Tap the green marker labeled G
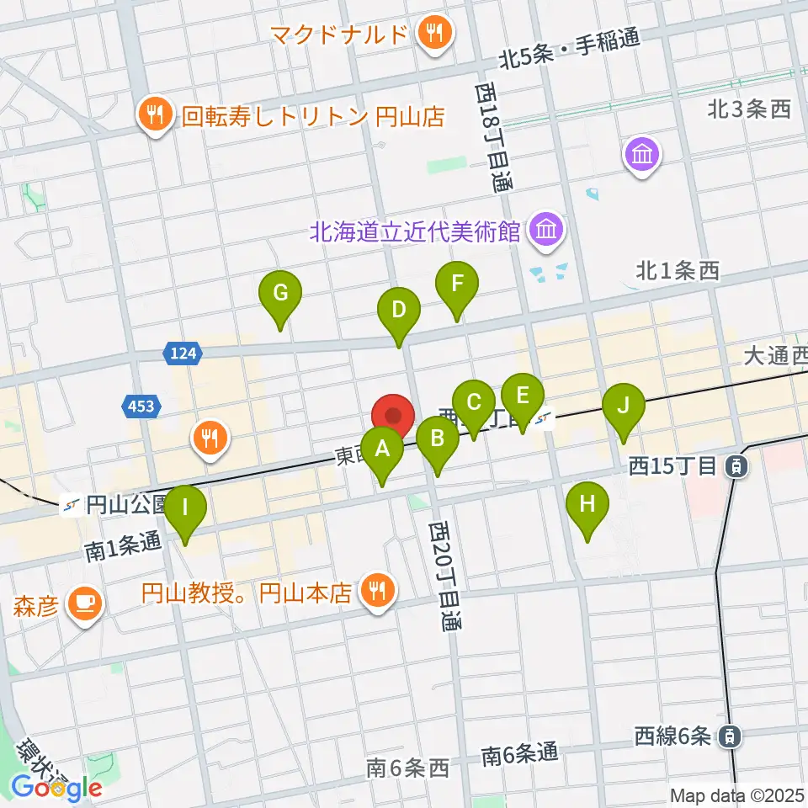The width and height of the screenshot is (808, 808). pos(281,294)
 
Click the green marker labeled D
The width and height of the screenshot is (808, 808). pos(399,311)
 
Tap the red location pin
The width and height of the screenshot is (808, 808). pos(393,417)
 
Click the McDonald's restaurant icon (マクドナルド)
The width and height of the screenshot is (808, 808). pos(435,35)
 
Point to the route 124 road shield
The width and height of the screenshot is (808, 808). pos(183,354)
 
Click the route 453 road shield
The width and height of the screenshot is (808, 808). pos(141,407)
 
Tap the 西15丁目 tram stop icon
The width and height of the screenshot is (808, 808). pos(736,464)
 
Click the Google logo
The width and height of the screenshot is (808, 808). pos(57,788)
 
